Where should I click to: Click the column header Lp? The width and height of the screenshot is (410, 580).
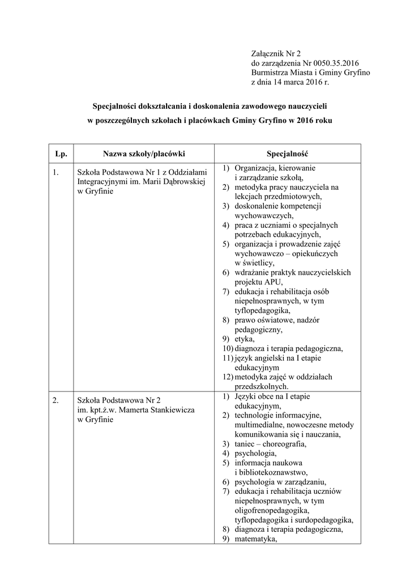click(61, 153)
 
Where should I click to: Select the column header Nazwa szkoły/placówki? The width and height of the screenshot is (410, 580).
click(144, 153)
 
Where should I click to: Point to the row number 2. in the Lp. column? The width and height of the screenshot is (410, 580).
click(55, 400)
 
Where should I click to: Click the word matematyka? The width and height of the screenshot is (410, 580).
click(255, 539)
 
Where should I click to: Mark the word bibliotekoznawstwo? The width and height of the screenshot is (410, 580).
click(274, 472)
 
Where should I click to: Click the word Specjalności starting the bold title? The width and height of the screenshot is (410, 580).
click(121, 106)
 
